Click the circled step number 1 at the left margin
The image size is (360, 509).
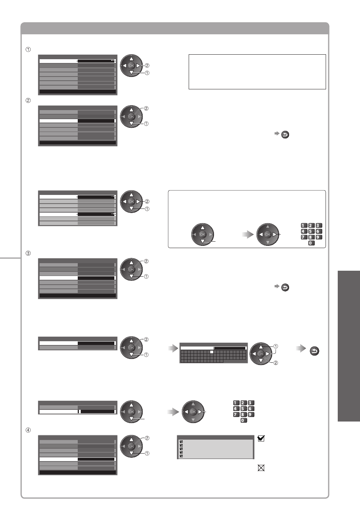[28, 49]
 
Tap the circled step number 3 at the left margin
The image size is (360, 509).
[28, 253]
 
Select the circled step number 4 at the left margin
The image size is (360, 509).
[28, 430]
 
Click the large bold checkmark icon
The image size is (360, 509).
[261, 438]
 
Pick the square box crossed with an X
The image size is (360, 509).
[261, 468]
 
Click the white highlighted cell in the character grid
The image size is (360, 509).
[211, 352]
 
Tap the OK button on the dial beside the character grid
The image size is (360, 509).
[261, 354]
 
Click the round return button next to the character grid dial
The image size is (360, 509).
[314, 351]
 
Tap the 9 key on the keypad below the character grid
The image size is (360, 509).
[251, 415]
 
